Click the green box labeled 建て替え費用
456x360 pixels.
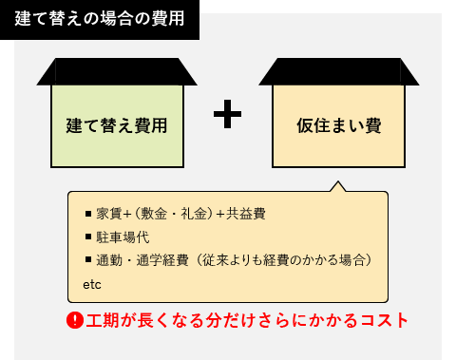[117, 124]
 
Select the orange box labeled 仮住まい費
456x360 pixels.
[339, 124]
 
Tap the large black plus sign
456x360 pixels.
[227, 115]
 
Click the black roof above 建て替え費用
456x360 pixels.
[117, 71]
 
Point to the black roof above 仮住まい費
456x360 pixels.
[339, 71]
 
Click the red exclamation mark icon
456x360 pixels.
[75, 319]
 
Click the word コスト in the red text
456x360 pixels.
[385, 319]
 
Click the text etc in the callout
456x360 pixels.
[92, 284]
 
